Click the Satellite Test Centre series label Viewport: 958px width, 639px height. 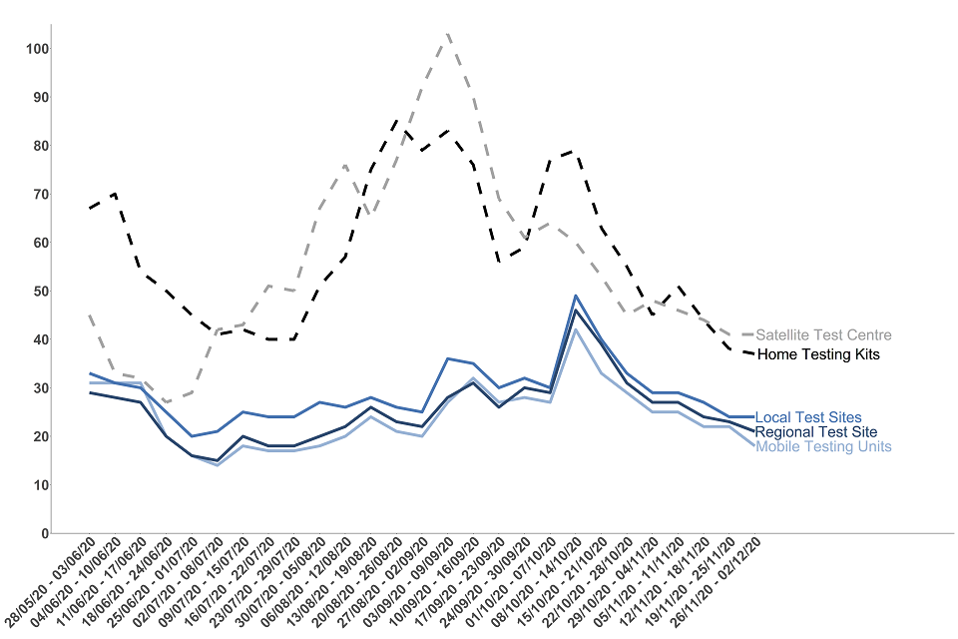point(823,335)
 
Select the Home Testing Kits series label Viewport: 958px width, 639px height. point(818,354)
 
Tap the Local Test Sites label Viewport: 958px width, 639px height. point(808,417)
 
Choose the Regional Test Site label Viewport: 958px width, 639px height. point(816,432)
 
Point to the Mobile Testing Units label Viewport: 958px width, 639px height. point(823,446)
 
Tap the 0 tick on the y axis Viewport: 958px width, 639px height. point(45,533)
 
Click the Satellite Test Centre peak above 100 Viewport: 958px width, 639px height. point(448,33)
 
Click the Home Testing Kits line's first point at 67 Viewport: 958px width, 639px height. point(91,209)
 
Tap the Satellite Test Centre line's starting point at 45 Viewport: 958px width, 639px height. point(91,316)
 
